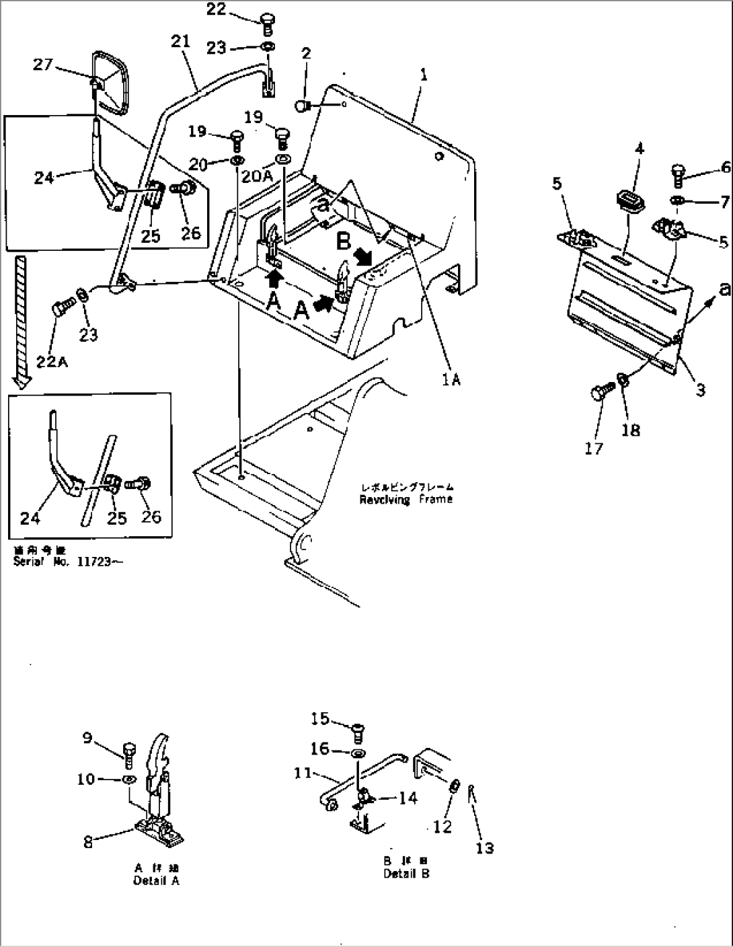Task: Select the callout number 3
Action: pos(700,389)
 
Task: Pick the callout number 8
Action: pos(88,841)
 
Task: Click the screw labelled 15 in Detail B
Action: pos(358,730)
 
